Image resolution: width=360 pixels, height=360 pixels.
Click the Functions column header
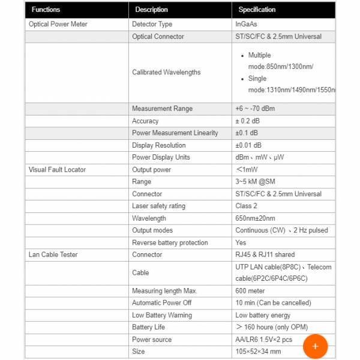(x=46, y=10)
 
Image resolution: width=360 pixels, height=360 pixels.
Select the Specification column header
(x=257, y=10)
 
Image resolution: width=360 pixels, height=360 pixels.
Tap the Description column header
(x=151, y=10)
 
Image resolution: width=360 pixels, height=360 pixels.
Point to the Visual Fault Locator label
(x=57, y=170)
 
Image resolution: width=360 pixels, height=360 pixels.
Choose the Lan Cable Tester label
(x=53, y=254)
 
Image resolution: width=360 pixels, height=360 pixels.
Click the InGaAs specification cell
(x=246, y=24)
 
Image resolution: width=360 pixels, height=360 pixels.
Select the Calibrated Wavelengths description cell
(x=166, y=72)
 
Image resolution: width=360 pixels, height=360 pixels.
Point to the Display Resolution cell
(x=159, y=145)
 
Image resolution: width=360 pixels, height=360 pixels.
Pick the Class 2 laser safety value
(x=246, y=206)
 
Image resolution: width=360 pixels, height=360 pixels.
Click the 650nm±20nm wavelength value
(x=255, y=218)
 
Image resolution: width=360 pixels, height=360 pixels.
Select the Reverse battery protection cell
(x=170, y=242)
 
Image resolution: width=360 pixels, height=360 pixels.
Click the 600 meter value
(x=250, y=291)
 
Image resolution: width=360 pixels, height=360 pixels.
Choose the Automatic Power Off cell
(x=162, y=303)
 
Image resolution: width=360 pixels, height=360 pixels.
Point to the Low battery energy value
(x=263, y=315)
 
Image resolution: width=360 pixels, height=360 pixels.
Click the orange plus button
(x=315, y=346)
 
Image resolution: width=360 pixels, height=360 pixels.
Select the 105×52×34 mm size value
(x=259, y=352)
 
